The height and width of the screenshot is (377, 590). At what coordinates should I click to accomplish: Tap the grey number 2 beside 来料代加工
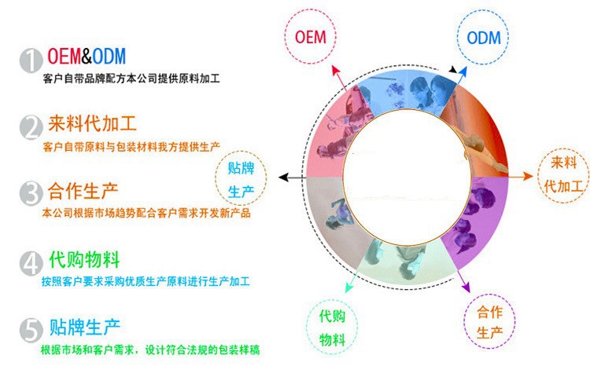[31, 127]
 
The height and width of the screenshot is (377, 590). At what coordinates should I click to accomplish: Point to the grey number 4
[31, 262]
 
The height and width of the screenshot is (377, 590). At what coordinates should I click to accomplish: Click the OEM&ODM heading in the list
[87, 57]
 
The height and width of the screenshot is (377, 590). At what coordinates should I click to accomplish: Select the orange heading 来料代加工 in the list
[91, 124]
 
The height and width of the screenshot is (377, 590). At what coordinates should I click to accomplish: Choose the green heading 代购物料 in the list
[83, 258]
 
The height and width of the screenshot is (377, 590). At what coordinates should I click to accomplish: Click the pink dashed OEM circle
[310, 38]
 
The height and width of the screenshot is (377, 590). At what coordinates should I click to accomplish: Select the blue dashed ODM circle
[483, 38]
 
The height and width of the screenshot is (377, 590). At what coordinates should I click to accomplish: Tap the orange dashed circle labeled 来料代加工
[561, 176]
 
